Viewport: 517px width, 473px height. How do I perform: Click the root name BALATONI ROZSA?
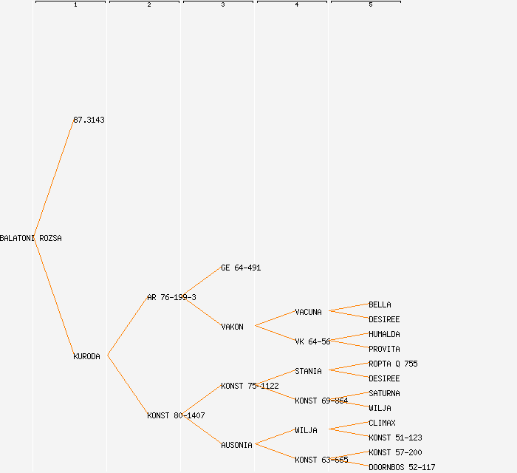(x=31, y=239)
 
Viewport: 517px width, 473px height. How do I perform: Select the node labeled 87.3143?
(x=89, y=120)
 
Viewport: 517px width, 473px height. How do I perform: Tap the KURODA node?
(x=86, y=356)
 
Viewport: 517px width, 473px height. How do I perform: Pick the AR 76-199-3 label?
(x=171, y=297)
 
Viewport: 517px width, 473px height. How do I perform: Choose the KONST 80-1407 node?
(x=176, y=415)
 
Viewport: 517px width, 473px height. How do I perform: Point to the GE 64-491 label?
(x=241, y=268)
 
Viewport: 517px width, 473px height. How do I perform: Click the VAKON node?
(x=232, y=327)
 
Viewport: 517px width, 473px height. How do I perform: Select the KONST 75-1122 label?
(x=250, y=386)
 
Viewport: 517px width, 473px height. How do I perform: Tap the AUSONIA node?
(x=236, y=445)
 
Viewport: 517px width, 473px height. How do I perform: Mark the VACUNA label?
(x=308, y=312)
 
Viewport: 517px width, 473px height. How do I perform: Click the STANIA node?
(x=308, y=371)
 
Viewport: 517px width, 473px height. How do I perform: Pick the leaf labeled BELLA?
(x=380, y=304)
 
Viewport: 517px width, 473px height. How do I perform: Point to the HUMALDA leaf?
(x=384, y=334)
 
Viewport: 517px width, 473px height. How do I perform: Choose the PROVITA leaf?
(x=384, y=349)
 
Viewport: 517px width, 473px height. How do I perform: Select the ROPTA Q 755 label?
(x=393, y=364)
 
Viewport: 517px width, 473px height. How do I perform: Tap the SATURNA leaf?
(x=384, y=393)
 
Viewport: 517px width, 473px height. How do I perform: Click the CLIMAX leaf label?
(x=382, y=423)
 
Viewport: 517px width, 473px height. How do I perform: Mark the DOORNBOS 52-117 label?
(x=402, y=467)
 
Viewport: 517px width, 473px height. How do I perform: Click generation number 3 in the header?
(x=223, y=5)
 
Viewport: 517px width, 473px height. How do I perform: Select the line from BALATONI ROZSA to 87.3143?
(x=53, y=180)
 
